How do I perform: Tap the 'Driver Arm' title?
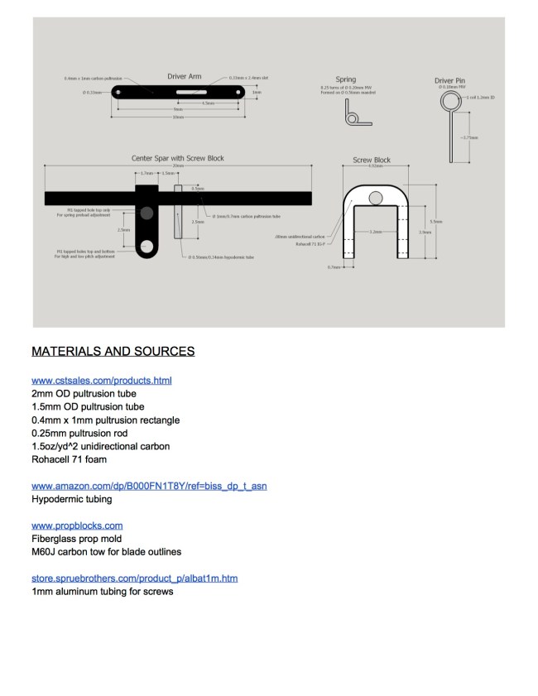click(184, 76)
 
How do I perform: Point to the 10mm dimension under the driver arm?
click(178, 117)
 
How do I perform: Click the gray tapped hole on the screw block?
click(147, 214)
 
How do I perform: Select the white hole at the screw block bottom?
click(147, 246)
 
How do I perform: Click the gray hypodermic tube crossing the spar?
click(177, 214)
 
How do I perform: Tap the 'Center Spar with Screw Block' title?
click(177, 158)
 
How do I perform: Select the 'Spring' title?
click(346, 79)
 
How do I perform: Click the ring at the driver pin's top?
click(449, 101)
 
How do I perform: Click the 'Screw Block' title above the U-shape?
click(372, 160)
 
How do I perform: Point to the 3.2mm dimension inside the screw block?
click(375, 232)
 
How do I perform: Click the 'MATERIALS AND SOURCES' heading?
click(113, 352)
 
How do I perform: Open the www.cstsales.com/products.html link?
click(101, 381)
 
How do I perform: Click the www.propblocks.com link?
click(77, 526)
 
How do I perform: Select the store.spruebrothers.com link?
click(134, 578)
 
